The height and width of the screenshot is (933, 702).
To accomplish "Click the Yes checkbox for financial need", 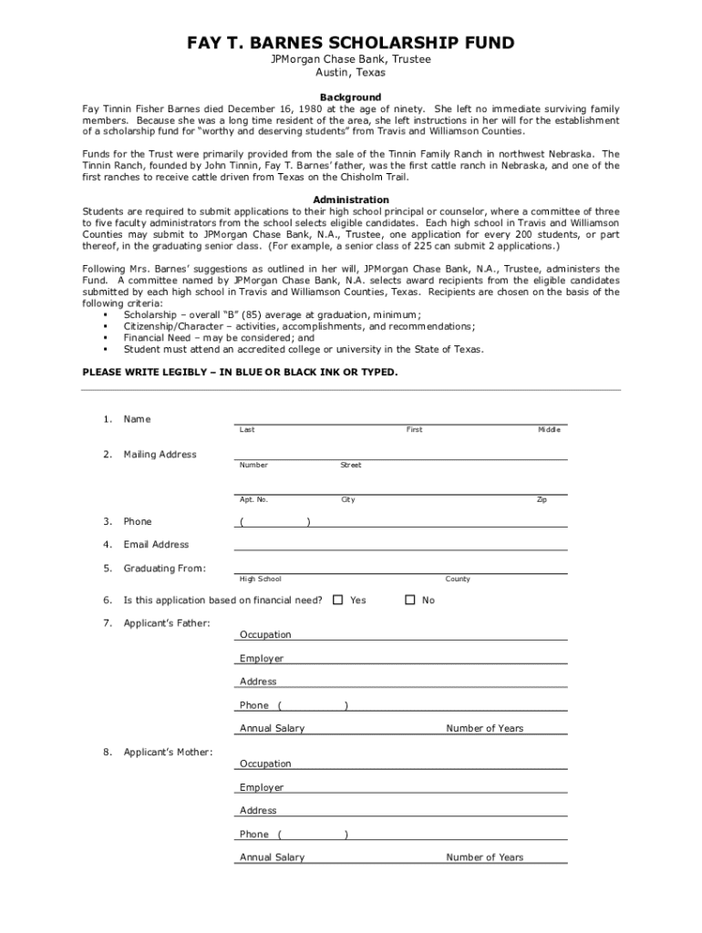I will [338, 600].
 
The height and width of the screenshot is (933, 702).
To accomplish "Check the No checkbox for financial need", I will [410, 600].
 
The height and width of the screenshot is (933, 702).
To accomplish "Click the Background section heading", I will [350, 97].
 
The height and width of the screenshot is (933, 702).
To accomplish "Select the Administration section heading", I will [350, 200].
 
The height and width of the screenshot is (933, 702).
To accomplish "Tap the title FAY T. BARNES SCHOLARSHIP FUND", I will [351, 43].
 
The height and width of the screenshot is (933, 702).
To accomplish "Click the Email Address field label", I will [156, 545].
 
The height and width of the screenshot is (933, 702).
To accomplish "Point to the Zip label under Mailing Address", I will [542, 499].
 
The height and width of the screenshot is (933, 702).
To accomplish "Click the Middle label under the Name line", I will [549, 429].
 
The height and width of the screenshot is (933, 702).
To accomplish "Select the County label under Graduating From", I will [458, 579].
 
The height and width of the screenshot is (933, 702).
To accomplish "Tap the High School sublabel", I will [260, 579].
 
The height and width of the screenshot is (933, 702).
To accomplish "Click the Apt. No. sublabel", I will [253, 499].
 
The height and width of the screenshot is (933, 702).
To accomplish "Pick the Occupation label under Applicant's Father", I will [265, 635].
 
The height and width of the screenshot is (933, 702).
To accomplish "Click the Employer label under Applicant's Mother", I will [262, 787].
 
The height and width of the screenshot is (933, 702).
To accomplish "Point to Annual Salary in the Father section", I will [272, 729].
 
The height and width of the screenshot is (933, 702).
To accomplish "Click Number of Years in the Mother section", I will [484, 857].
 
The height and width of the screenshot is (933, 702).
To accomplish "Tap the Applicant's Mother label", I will [169, 752].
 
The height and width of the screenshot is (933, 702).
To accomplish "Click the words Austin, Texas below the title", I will [351, 72].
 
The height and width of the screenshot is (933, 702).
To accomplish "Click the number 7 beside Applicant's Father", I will [107, 623].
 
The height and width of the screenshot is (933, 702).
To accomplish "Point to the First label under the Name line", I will [414, 429].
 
